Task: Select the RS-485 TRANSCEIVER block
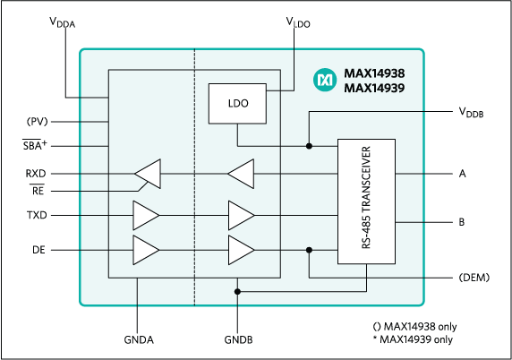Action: pyautogui.click(x=366, y=201)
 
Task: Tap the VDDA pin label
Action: pyautogui.click(x=62, y=24)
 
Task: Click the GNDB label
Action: pyautogui.click(x=237, y=341)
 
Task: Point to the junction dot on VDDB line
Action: pyautogui.click(x=309, y=146)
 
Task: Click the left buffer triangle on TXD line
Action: pyautogui.click(x=145, y=216)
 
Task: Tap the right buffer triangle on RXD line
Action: pyautogui.click(x=241, y=172)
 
